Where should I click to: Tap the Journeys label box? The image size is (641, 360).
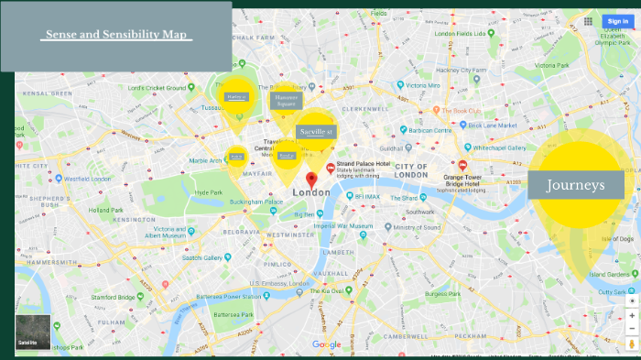pos(576,186)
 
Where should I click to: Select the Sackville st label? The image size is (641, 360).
pos(317,132)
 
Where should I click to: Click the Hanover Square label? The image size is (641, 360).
pos(286,101)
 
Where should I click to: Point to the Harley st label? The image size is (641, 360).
pos(236,96)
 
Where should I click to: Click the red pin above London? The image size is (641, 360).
pos(311,179)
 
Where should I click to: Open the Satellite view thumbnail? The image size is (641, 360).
pos(33,333)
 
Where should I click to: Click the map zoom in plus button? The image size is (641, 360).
pos(632,315)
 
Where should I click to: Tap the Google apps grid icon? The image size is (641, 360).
pos(586,20)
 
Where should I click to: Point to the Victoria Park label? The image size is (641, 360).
pos(552,66)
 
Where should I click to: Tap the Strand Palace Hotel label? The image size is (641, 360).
pos(363,163)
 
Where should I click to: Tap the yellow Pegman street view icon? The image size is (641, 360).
pos(632,343)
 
